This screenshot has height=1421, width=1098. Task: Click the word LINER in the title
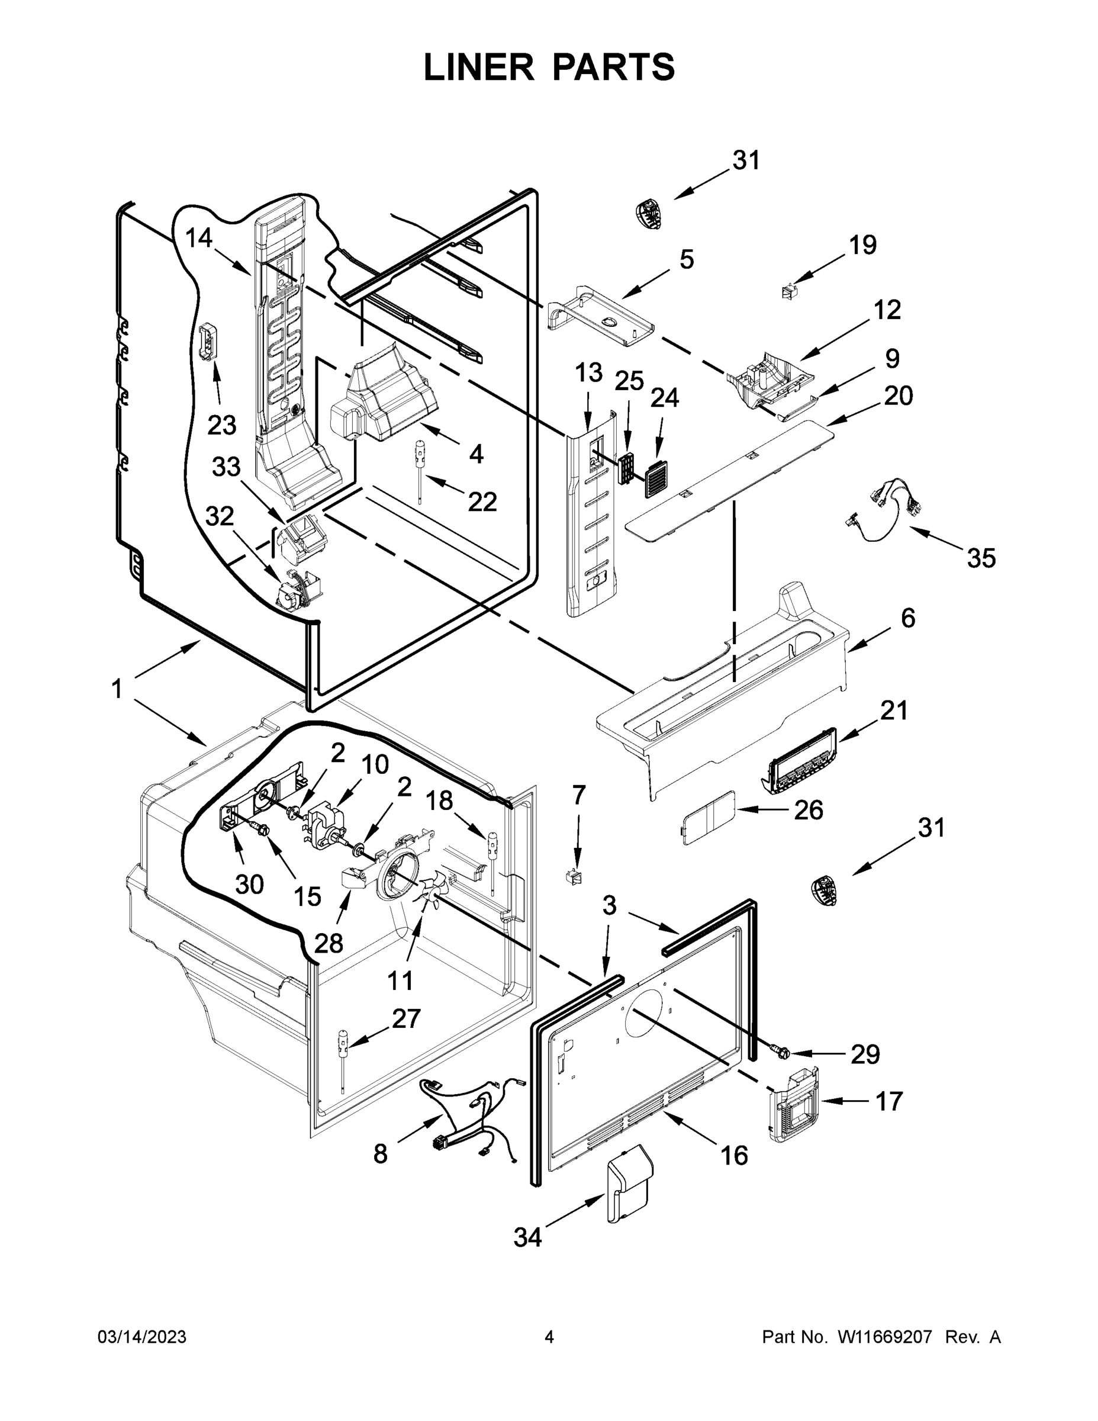(x=479, y=67)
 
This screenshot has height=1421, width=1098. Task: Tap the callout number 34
(x=527, y=1237)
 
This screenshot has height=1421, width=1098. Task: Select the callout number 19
(x=862, y=245)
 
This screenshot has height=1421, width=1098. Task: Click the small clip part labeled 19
(x=790, y=291)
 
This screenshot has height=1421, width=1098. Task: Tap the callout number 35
(x=981, y=558)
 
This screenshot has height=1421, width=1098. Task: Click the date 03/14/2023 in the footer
(x=142, y=1337)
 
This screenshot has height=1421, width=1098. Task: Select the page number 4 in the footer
(x=549, y=1337)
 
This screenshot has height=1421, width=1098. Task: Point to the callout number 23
(x=222, y=426)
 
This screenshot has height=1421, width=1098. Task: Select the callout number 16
(x=734, y=1156)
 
